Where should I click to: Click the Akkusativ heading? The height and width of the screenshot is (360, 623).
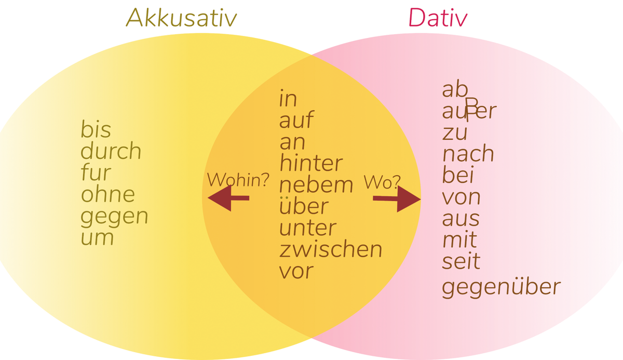click(181, 19)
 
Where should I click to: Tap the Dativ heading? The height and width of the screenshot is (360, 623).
click(438, 19)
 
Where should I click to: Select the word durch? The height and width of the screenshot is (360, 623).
click(111, 152)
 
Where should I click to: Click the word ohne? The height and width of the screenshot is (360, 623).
click(108, 195)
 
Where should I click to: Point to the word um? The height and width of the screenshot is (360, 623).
click(97, 238)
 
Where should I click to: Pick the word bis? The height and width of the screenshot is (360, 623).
click(96, 130)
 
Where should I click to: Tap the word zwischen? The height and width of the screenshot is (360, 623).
click(331, 250)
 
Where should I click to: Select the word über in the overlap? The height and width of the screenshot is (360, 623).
click(304, 206)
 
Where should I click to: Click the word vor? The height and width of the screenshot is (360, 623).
click(296, 271)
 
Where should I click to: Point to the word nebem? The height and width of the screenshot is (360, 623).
click(316, 185)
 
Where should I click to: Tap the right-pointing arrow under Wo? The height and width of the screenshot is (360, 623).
click(397, 199)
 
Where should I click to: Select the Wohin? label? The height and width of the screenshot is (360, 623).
click(238, 180)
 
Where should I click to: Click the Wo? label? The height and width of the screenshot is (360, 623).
click(382, 182)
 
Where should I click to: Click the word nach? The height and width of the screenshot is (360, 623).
click(468, 154)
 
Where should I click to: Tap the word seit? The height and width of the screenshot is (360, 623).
click(461, 261)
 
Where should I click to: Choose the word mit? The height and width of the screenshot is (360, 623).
click(459, 240)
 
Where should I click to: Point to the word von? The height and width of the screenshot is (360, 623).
click(461, 197)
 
